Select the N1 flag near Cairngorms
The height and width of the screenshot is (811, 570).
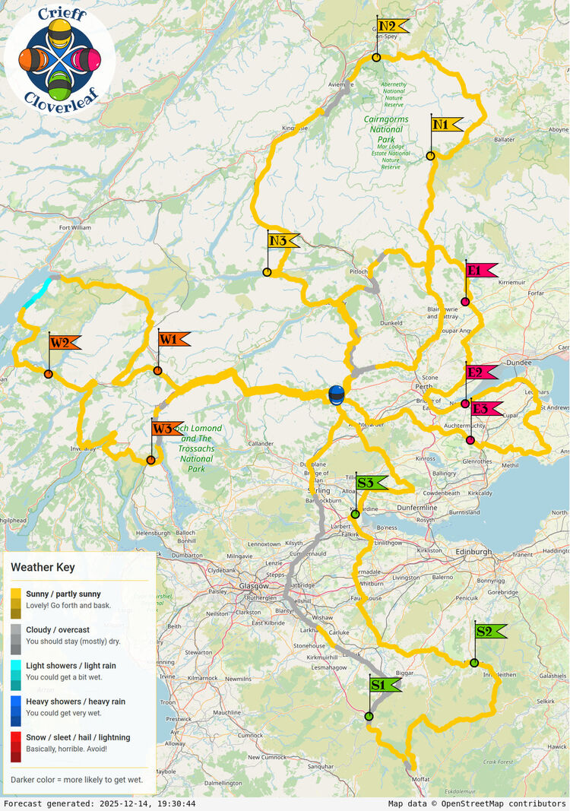(446, 124)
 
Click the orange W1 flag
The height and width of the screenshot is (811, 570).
(173, 339)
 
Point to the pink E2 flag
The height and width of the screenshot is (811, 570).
(480, 372)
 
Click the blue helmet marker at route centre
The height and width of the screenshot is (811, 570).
(336, 394)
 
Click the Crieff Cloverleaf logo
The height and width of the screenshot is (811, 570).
(59, 57)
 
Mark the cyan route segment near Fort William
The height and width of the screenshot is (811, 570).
(38, 293)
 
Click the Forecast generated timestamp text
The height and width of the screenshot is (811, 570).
(99, 803)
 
